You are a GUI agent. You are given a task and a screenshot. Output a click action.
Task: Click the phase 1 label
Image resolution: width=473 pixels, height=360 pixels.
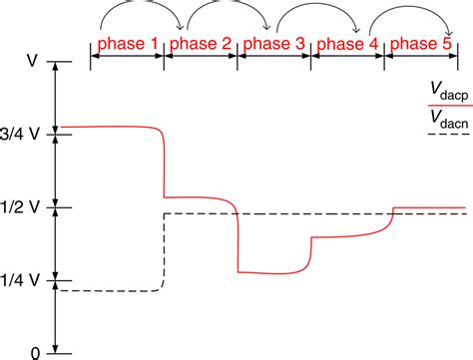point(127,45)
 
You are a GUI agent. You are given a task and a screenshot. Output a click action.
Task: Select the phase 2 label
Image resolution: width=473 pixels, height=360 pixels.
point(201,45)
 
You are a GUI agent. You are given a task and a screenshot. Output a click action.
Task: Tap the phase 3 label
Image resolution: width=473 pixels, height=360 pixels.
point(274,45)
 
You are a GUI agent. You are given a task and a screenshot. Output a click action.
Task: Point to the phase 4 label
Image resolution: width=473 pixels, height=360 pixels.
point(347,45)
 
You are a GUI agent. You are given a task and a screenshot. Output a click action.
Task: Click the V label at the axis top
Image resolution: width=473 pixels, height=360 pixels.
point(33,62)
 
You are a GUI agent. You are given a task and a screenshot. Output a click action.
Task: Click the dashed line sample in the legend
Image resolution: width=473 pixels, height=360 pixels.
point(446,134)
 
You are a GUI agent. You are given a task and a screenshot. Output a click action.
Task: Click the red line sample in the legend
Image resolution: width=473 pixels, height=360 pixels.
point(446,104)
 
